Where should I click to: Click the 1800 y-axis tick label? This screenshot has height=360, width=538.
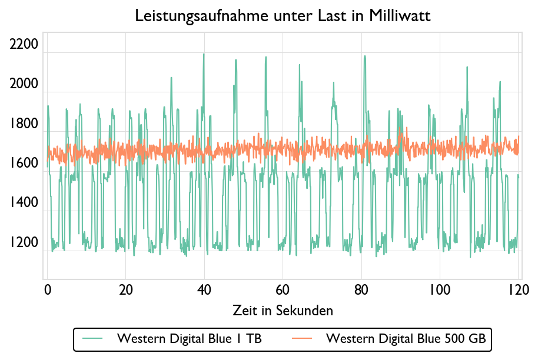tap(24, 124)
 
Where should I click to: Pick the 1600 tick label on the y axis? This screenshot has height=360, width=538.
tap(24, 164)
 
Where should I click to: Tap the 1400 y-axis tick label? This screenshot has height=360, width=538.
tap(24, 204)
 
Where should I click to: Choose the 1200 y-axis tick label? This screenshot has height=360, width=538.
tap(24, 243)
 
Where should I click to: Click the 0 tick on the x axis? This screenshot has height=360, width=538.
tap(48, 290)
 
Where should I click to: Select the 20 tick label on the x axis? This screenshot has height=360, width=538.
tap(125, 290)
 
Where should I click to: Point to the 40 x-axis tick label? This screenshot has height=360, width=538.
tap(204, 290)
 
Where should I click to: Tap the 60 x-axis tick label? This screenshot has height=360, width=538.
tap(283, 290)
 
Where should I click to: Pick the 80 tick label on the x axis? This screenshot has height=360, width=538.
tap(361, 290)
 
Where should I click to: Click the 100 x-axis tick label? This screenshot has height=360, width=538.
tap(440, 290)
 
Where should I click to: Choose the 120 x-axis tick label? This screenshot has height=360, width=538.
tap(518, 290)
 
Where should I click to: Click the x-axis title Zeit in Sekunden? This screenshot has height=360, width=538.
tap(283, 310)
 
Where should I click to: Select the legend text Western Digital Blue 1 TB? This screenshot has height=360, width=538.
tap(190, 339)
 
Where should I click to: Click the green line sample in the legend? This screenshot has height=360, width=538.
tap(93, 339)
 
